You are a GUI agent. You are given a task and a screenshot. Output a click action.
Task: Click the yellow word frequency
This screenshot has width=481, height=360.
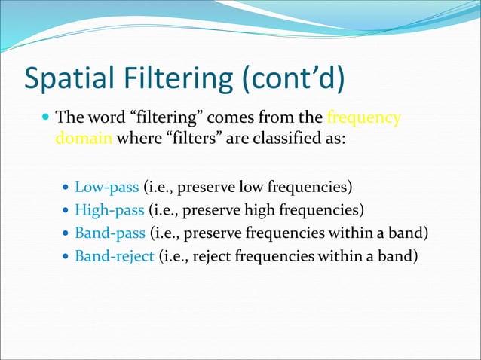(x=363, y=118)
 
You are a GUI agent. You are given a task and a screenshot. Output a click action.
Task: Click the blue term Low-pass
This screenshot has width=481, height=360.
(x=107, y=186)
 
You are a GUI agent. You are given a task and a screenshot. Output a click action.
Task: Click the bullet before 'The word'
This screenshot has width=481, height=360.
(x=47, y=119)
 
